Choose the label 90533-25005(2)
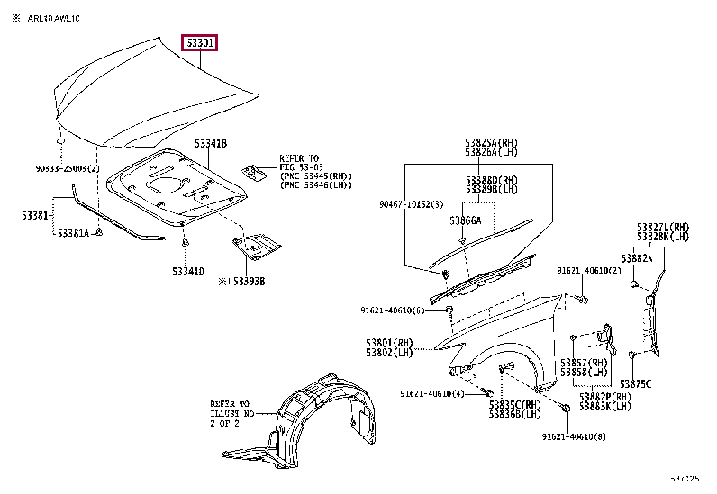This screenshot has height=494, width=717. point(68,168)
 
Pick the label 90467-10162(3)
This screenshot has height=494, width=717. point(411,205)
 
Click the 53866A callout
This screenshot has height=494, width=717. point(466,220)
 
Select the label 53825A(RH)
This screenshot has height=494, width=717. point(492,142)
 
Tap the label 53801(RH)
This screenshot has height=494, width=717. point(389,342)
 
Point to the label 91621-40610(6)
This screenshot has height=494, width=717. point(393,310)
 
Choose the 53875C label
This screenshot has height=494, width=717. point(635,383)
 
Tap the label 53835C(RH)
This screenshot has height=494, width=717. point(514,404)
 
